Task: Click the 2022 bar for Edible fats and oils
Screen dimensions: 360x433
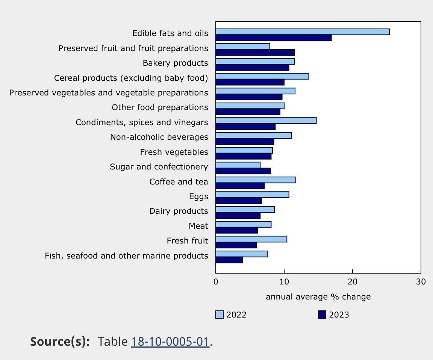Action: coord(303,32)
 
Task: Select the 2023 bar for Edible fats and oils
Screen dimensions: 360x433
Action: coord(274,38)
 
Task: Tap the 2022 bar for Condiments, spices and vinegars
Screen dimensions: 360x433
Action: coord(266,121)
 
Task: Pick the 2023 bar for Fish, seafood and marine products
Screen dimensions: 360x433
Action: coord(229,260)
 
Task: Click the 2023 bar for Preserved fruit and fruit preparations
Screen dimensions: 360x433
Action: coord(255,53)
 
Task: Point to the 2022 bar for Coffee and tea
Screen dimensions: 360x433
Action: coord(256,180)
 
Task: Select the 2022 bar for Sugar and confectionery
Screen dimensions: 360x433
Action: coord(238,165)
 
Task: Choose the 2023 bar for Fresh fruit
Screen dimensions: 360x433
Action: coord(236,245)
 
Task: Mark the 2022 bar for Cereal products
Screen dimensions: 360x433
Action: coord(262,76)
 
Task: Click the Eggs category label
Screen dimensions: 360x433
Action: coord(198,197)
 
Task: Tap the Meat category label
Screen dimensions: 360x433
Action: coord(198,226)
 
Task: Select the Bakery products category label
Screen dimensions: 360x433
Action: coord(175,63)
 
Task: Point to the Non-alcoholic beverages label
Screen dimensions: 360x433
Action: coord(159,137)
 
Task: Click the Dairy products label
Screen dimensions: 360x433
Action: coord(179,211)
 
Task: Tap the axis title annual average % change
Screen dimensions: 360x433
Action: coord(318,297)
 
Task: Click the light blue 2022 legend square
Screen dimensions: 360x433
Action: coord(220,315)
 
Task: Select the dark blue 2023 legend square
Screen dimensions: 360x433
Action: coord(322,315)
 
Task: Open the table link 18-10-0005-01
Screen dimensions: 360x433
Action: coord(170,342)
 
